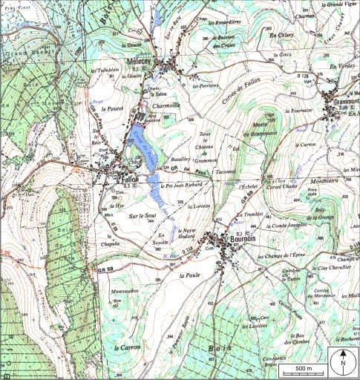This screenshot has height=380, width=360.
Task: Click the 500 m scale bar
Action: [x=303, y=368]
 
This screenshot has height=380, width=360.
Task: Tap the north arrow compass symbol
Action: [x=343, y=361]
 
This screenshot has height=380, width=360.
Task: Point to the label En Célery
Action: [x=282, y=35]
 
